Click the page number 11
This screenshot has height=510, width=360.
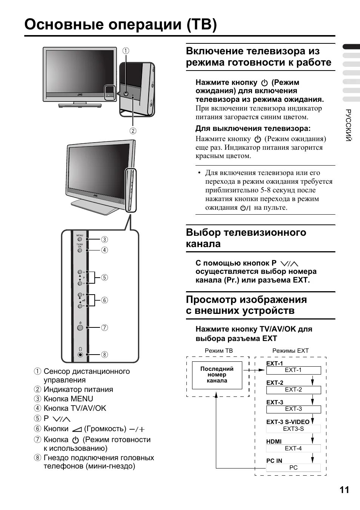[x=344, y=490]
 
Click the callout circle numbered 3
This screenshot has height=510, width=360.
[x=105, y=239]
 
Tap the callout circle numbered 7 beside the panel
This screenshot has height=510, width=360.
[x=105, y=327]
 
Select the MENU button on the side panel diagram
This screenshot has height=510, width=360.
[x=80, y=239]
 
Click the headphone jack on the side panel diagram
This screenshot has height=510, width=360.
[x=80, y=355]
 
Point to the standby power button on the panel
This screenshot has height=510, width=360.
[x=80, y=327]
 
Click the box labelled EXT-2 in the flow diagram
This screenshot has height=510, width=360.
[x=293, y=390]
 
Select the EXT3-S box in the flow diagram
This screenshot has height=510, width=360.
[x=293, y=429]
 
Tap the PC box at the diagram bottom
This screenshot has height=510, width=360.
[x=293, y=468]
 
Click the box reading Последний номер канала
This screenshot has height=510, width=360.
[x=217, y=375]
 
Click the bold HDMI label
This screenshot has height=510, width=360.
[x=274, y=441]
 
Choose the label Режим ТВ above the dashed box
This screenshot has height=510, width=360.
[x=218, y=351]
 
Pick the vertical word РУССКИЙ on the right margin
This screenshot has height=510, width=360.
[x=348, y=126]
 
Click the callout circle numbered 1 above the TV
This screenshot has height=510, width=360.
[x=126, y=51]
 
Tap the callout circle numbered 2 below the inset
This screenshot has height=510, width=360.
[x=133, y=131]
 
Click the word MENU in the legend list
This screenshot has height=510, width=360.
[x=82, y=399]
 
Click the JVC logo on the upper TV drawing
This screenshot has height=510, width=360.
[x=80, y=94]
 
